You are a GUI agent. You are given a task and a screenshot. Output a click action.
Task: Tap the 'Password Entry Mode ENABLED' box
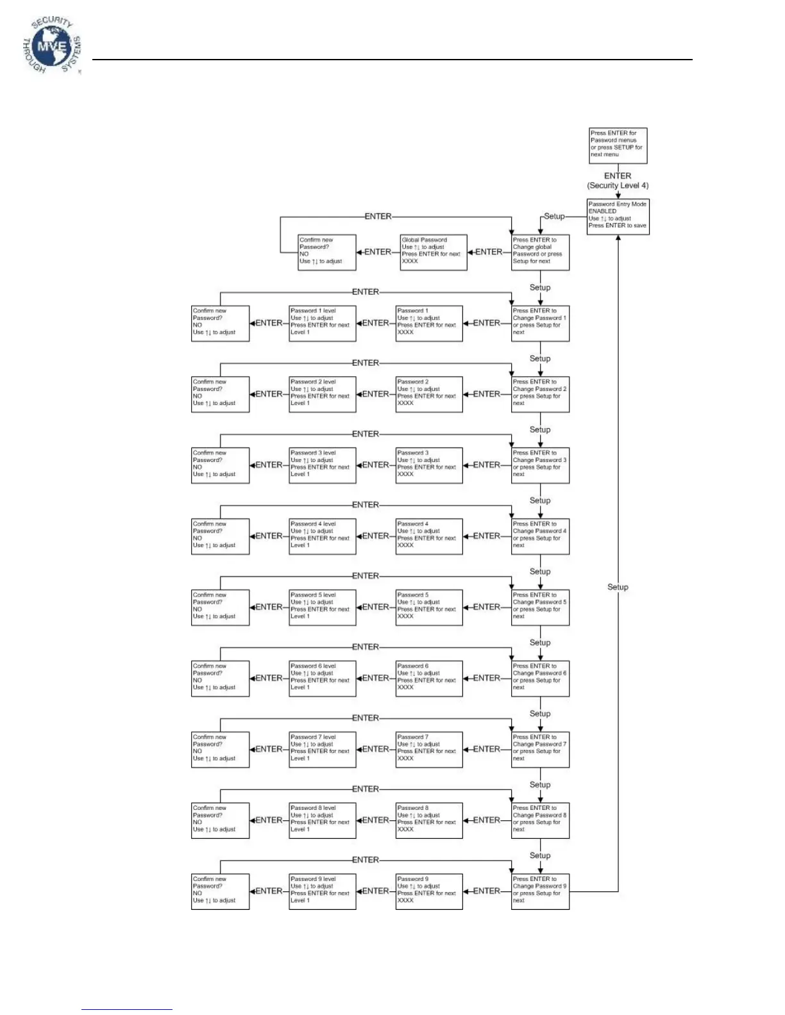[618, 216]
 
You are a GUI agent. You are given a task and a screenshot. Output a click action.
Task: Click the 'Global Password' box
[433, 252]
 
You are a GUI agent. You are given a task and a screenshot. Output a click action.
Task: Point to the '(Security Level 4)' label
[618, 186]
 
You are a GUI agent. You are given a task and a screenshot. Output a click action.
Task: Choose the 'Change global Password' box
[540, 252]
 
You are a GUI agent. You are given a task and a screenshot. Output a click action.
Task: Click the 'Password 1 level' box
[322, 323]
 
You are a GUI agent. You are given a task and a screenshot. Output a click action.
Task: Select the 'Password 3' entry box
[428, 465]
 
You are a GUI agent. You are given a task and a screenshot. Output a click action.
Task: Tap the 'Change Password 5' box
[540, 607]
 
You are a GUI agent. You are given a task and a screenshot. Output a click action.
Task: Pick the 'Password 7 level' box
[322, 749]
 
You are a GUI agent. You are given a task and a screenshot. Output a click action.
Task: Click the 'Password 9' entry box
[428, 891]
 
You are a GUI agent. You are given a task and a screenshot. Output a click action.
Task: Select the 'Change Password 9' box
[540, 891]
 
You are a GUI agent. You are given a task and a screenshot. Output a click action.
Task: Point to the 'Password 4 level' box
[322, 536]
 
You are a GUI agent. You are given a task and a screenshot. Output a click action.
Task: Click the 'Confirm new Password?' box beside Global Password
[326, 252]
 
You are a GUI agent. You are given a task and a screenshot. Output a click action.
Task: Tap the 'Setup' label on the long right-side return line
[618, 587]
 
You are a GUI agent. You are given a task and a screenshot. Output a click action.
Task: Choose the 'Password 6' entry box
[428, 678]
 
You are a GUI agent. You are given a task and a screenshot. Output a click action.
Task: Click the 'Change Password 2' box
[540, 394]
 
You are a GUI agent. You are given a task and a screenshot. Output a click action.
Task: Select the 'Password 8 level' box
[322, 820]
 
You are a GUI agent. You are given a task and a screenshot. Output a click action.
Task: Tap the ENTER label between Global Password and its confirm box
[378, 252]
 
